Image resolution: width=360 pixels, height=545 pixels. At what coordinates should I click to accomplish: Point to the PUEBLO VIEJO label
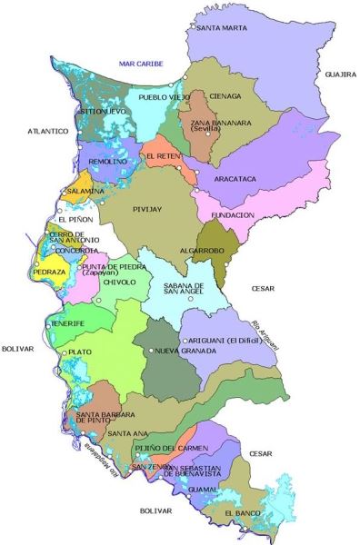(x=164, y=95)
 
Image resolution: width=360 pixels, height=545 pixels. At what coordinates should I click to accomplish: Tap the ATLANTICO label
(x=48, y=131)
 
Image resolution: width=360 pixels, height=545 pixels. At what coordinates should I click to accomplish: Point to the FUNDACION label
(x=232, y=215)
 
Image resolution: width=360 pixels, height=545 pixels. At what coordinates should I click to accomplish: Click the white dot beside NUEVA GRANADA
(x=151, y=351)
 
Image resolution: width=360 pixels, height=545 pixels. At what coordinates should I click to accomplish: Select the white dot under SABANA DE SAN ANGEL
(x=190, y=299)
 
